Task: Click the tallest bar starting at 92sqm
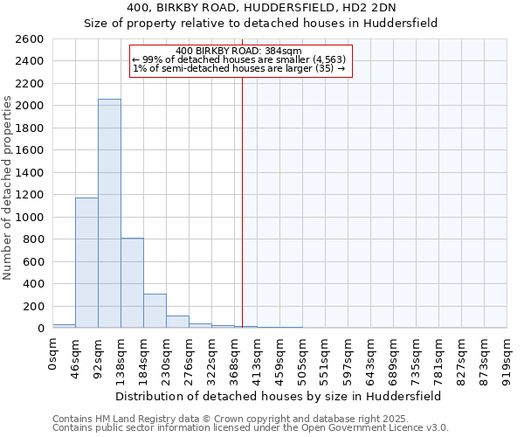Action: [109, 213]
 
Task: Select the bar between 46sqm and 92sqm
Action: [86, 262]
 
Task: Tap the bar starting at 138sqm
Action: [132, 282]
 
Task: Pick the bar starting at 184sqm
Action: [155, 310]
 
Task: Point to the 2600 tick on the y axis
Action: [30, 39]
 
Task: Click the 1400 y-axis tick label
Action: [30, 173]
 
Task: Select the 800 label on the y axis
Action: [33, 239]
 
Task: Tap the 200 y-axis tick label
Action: [33, 306]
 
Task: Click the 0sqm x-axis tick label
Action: [53, 357]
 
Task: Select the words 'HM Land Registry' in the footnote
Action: [132, 419]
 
